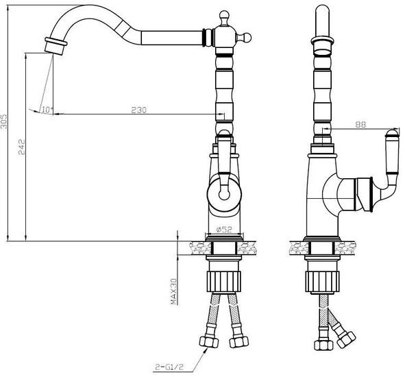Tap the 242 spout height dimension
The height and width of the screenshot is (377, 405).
(x=22, y=147)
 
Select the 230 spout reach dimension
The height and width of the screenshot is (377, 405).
(x=138, y=110)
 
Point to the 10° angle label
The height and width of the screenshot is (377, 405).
(x=47, y=110)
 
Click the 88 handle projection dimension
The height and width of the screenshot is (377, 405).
(x=360, y=125)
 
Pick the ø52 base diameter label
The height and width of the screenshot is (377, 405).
(x=224, y=229)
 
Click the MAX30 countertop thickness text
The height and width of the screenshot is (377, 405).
(x=173, y=291)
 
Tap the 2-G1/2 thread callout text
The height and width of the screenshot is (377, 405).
(x=169, y=367)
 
